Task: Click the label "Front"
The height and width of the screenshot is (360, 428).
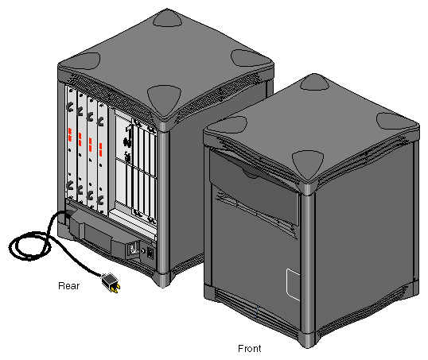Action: point(250,348)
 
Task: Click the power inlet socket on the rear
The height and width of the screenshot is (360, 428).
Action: point(134,252)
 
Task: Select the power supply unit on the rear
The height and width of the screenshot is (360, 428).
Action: point(107,234)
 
